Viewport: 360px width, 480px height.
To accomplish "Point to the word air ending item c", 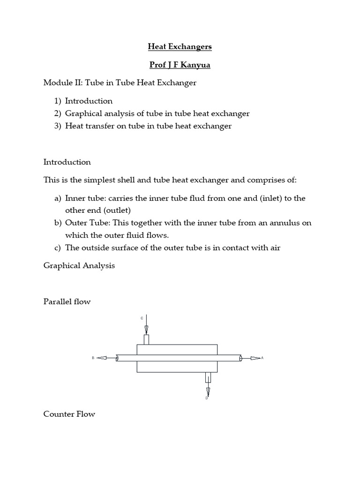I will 274,247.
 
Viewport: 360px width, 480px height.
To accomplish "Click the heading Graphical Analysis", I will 79,266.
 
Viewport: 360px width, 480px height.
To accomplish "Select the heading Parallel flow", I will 67,302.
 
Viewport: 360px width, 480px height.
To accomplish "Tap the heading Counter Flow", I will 69,414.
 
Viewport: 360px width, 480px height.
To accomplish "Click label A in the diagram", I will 262,358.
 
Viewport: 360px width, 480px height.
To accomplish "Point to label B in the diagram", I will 93,358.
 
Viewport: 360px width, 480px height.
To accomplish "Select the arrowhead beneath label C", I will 147,329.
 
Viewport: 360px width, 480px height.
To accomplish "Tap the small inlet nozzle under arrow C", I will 147,339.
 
